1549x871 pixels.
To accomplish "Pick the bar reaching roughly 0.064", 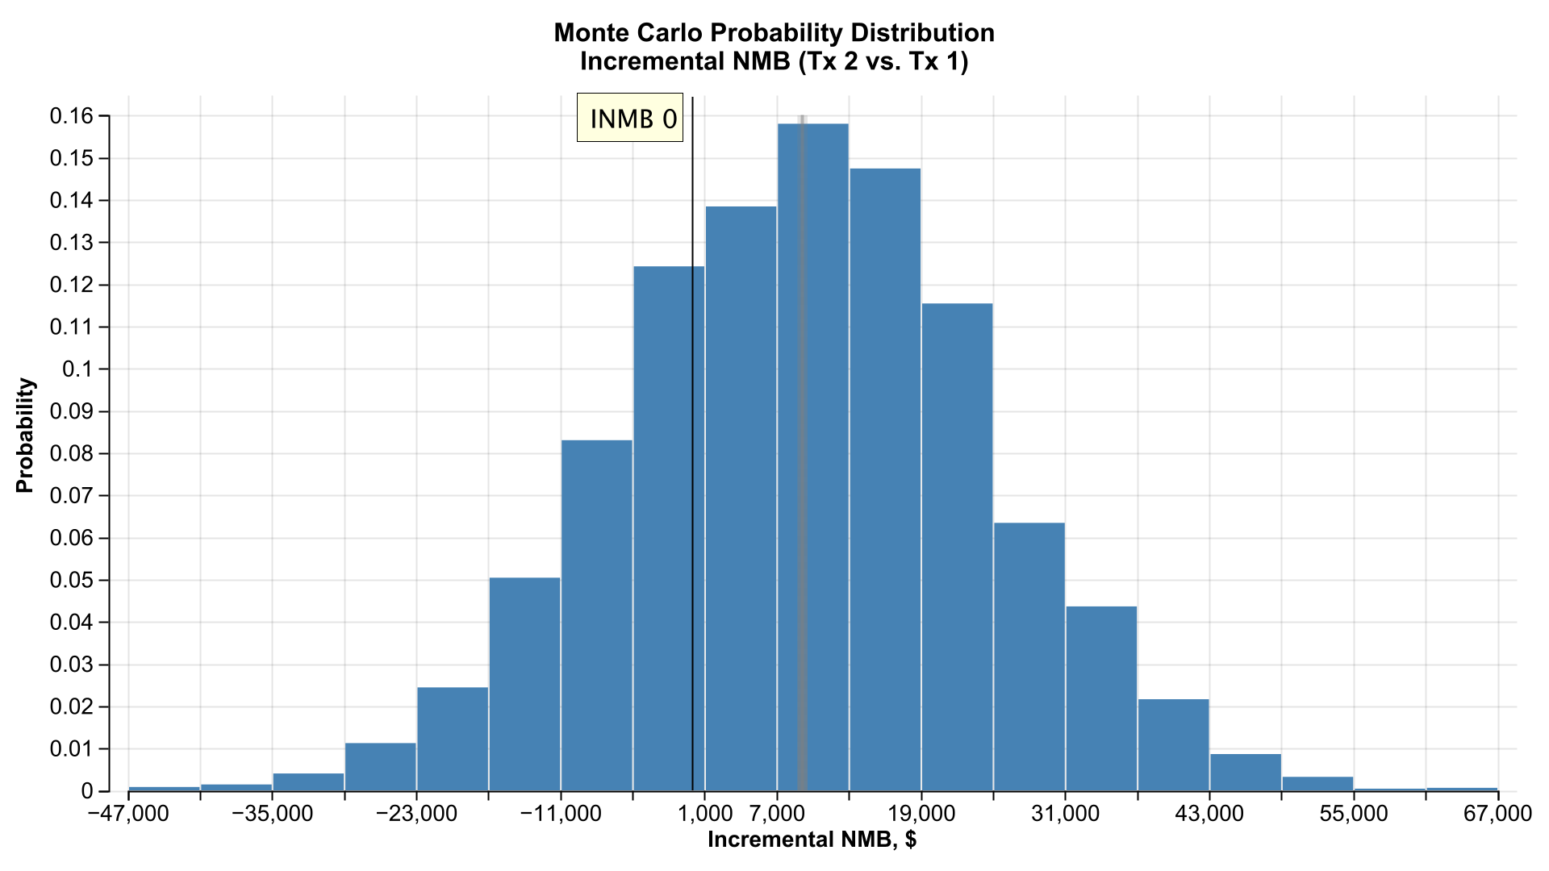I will click(1029, 657).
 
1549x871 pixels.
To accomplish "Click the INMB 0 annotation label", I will click(630, 118).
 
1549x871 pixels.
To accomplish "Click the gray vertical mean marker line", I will click(802, 403).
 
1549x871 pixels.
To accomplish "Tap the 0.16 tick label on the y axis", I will click(71, 116).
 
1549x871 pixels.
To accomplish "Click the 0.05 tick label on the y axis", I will click(71, 581).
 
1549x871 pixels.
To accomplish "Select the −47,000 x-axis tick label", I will click(128, 814).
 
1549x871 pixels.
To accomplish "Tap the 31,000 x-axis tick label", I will click(1065, 814).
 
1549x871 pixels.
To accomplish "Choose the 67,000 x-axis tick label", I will click(1497, 814).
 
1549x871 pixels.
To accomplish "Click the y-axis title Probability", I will click(26, 435).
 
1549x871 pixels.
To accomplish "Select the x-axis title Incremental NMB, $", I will click(812, 840).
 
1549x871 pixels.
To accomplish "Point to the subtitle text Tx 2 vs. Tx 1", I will click(883, 61).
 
